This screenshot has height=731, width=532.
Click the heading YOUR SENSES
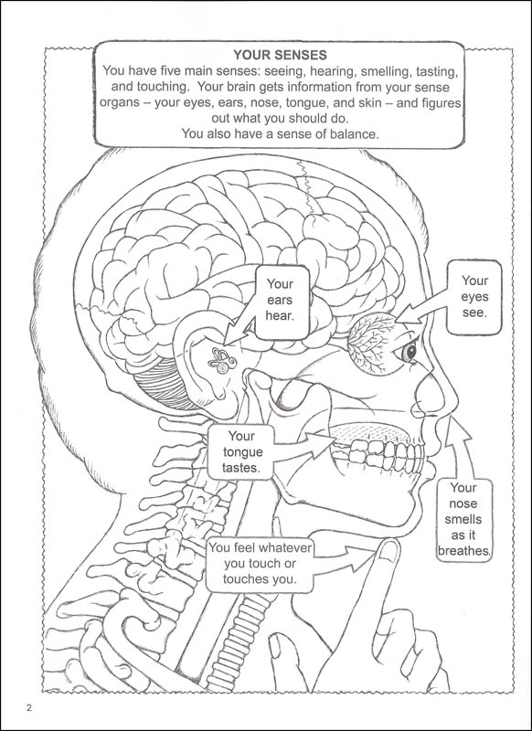[281, 55]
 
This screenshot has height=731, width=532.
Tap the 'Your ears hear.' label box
[282, 302]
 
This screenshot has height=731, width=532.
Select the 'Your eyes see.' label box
[474, 297]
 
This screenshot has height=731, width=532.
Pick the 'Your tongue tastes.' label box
[241, 451]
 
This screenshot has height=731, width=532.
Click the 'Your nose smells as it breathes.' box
[464, 519]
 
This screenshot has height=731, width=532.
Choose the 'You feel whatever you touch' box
[260, 564]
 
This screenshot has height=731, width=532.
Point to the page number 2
[29, 708]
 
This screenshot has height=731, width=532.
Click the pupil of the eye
[410, 351]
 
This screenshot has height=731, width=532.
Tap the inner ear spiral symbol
[222, 360]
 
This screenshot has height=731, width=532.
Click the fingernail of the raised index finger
[388, 551]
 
